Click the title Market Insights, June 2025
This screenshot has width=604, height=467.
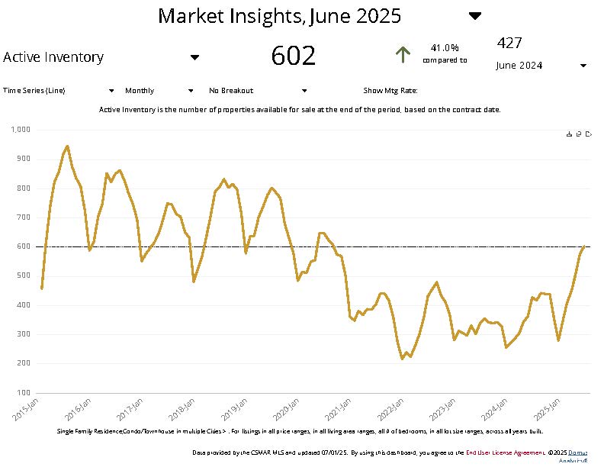point(279,16)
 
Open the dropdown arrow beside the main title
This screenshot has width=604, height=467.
point(474,16)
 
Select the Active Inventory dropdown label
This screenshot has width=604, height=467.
point(53,57)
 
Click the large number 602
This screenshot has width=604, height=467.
point(293,56)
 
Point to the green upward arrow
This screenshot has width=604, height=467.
point(403,54)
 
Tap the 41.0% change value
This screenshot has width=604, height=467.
point(445,48)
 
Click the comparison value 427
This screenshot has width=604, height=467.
point(509,43)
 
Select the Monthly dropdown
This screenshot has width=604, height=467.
point(160,91)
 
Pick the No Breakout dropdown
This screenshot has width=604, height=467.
point(257,91)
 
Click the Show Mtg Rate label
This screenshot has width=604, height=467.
point(390,91)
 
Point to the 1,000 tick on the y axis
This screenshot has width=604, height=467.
point(20,130)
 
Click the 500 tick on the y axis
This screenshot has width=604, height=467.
point(23,275)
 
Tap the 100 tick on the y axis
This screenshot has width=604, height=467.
point(23,392)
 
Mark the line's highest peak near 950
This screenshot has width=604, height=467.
point(67,146)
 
